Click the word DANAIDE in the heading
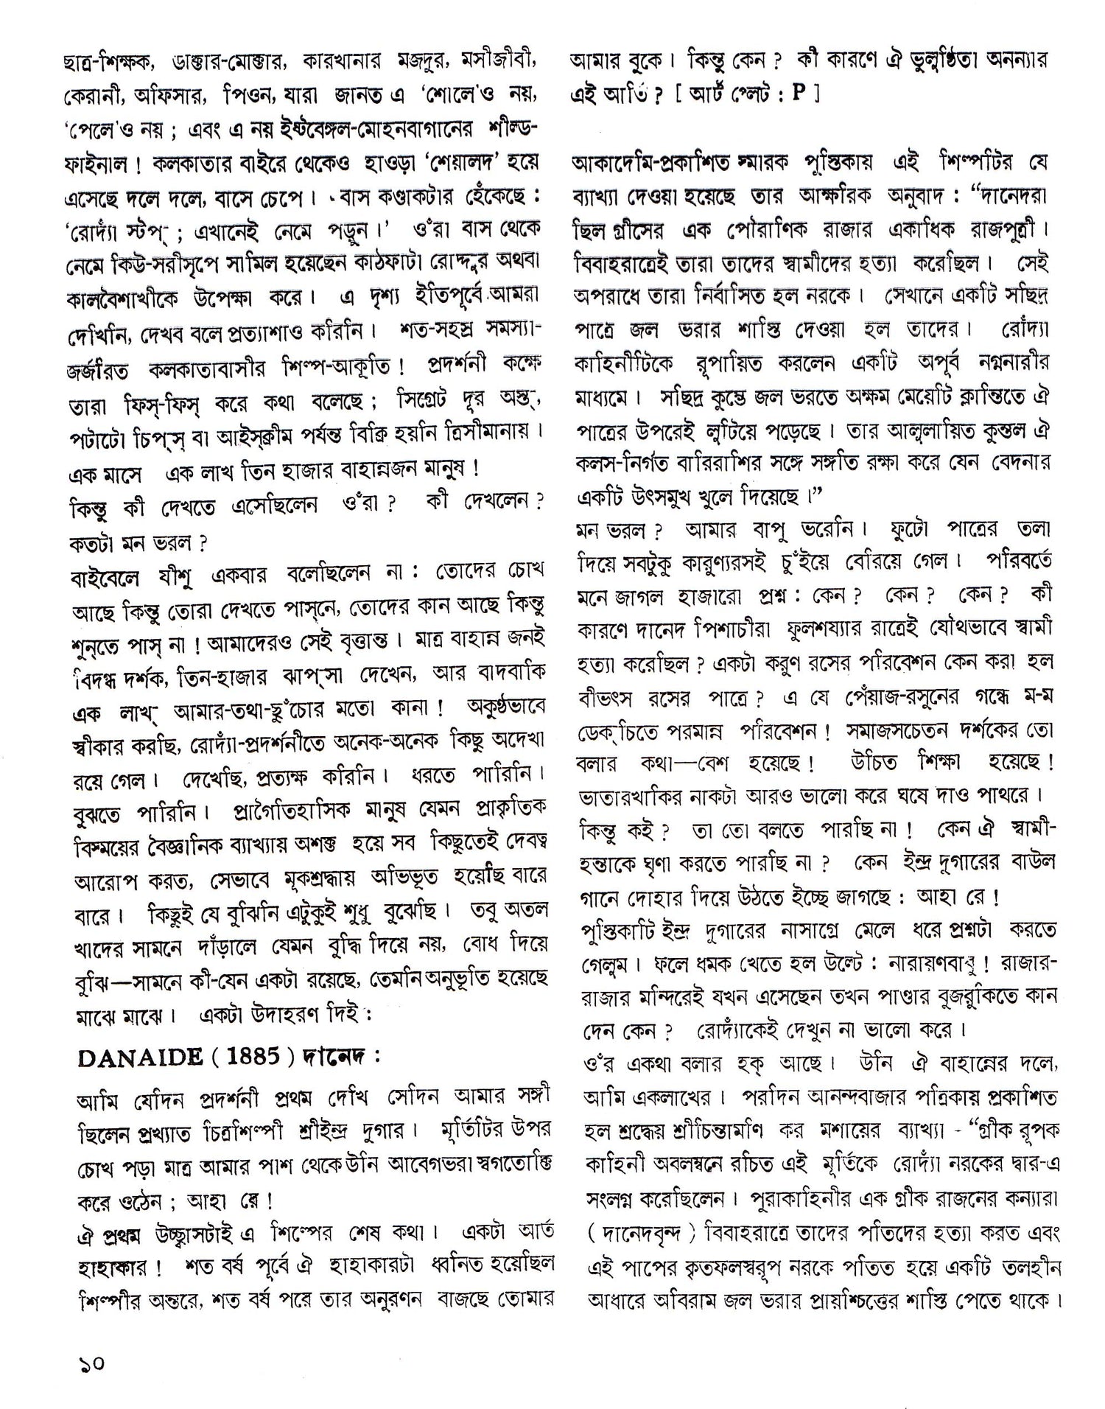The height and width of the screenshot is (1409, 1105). click(140, 1057)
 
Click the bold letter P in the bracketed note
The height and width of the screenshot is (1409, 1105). click(797, 95)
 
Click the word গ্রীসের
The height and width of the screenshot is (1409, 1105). click(642, 230)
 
